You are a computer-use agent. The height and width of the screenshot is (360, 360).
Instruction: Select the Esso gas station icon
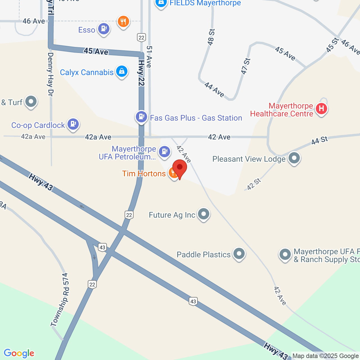pos(103,29)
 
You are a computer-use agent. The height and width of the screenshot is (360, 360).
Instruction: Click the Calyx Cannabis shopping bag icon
pos(121,71)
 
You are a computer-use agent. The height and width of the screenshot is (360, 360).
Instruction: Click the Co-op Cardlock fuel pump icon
pos(73,124)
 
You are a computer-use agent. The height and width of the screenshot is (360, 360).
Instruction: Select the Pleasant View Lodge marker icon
pos(294,158)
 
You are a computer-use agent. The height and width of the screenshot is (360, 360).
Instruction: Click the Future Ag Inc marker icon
pos(203,214)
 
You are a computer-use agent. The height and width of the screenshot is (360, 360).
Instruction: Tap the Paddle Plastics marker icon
pos(239,254)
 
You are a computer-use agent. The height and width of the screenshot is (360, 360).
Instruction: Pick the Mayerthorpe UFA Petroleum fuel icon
pos(165,152)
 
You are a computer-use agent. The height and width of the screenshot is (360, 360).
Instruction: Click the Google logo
pos(19,353)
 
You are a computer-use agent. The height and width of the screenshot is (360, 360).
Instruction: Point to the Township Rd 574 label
pos(60,300)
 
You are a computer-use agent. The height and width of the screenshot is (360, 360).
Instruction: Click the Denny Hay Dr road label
pos(50,74)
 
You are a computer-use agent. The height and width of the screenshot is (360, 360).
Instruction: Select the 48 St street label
pos(211,37)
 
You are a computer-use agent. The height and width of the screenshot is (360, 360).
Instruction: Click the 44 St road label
pos(319,140)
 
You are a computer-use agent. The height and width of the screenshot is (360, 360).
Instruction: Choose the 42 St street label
pos(254,184)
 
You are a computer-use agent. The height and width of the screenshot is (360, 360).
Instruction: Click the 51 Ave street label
pos(149,57)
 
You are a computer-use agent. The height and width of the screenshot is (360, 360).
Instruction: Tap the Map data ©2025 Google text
pos(325,356)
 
